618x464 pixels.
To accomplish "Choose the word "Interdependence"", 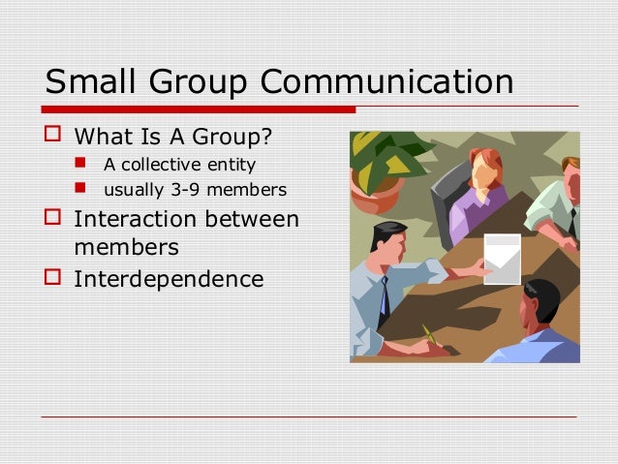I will click(169, 279).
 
